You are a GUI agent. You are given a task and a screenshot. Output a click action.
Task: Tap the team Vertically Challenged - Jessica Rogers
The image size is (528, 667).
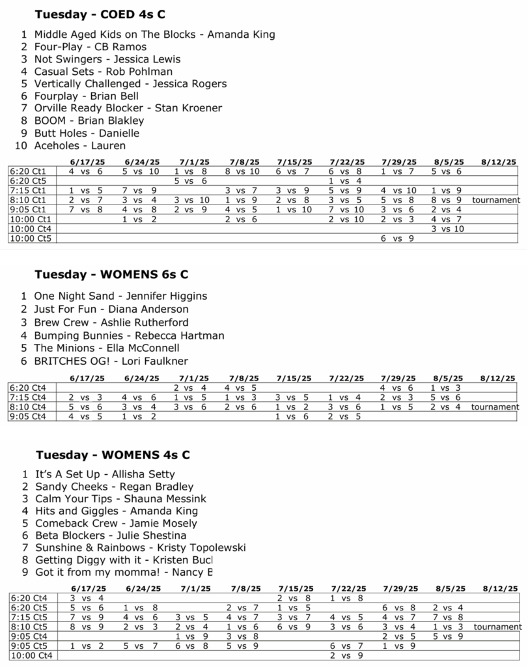pyautogui.click(x=130, y=83)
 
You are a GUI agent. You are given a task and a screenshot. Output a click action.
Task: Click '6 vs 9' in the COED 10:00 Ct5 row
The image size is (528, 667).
pyautogui.click(x=396, y=239)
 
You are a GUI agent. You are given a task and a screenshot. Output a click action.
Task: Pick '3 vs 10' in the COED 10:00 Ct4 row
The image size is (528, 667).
pyautogui.click(x=448, y=229)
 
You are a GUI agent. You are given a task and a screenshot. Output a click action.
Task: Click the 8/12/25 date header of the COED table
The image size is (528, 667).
pyautogui.click(x=499, y=162)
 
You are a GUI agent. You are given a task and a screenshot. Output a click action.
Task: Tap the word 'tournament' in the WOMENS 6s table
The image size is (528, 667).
pyautogui.click(x=495, y=406)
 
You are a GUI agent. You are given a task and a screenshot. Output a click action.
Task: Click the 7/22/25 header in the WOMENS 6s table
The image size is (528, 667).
pyautogui.click(x=347, y=378)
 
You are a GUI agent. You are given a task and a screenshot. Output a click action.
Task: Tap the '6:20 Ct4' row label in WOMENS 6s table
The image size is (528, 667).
pyautogui.click(x=28, y=387)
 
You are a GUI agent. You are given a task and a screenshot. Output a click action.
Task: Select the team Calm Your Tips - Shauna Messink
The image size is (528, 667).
pyautogui.click(x=120, y=498)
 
